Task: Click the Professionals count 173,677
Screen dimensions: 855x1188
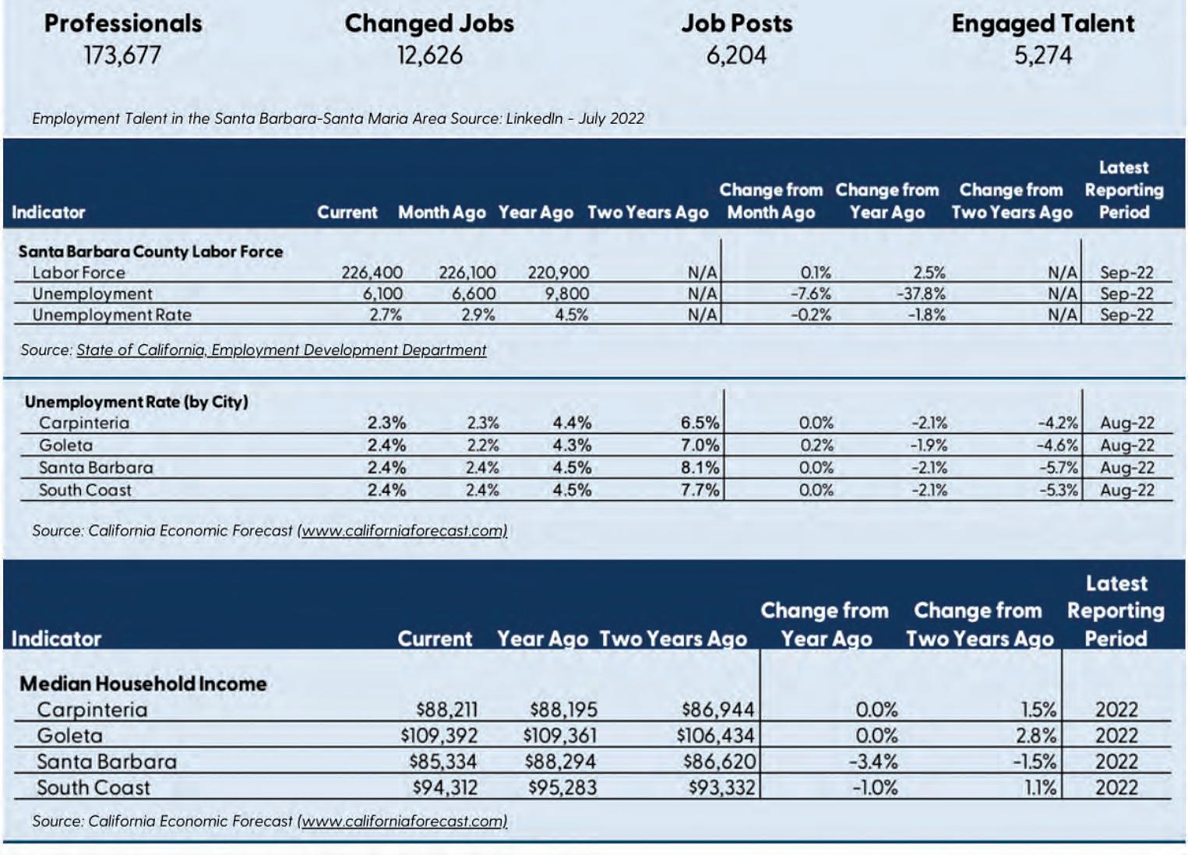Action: click(122, 55)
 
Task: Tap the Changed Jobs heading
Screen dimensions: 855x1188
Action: click(429, 23)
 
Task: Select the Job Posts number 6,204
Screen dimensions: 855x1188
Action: click(736, 55)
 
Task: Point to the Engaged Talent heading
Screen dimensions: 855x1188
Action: click(1042, 23)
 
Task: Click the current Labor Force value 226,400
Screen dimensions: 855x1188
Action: click(372, 273)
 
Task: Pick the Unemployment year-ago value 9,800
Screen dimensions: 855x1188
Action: click(566, 294)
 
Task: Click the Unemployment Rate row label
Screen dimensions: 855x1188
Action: click(111, 315)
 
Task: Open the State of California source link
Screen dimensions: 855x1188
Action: click(281, 350)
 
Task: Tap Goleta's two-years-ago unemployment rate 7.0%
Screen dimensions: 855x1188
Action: click(700, 445)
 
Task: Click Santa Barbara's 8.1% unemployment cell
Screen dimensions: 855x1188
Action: click(700, 468)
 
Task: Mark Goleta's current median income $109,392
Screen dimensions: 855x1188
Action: click(439, 736)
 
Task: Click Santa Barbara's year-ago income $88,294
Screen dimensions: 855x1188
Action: click(561, 762)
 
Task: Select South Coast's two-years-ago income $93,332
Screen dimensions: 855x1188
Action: click(721, 787)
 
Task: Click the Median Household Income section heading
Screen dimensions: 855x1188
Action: click(143, 684)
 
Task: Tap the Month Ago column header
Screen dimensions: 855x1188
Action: click(442, 213)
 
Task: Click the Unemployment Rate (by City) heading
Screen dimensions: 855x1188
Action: click(136, 402)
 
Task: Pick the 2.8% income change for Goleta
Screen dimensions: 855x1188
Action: click(1039, 736)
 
